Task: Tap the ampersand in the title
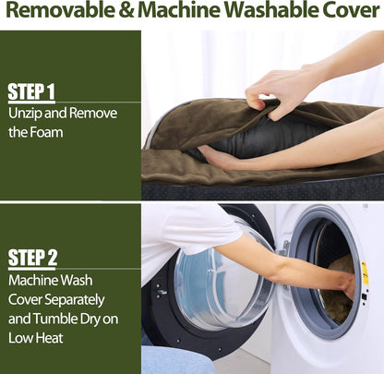[x=126, y=10]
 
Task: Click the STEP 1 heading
[x=31, y=92]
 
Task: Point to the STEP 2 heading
[x=32, y=258]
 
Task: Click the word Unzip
[x=25, y=114]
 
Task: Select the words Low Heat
[x=36, y=338]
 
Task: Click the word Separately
[x=75, y=300]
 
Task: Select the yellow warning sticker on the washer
[x=365, y=273]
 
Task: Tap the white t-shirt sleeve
[x=197, y=228]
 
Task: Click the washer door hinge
[x=285, y=248]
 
